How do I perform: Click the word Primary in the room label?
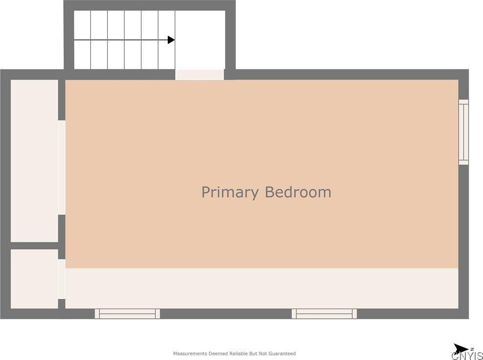pyautogui.click(x=230, y=192)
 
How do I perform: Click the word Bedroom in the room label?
pyautogui.click(x=298, y=192)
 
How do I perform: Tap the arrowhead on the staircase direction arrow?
pyautogui.click(x=171, y=40)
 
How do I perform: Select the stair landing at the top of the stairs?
pyautogui.click(x=200, y=40)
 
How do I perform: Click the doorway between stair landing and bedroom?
pyautogui.click(x=199, y=74)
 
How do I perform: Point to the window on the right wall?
pyautogui.click(x=463, y=132)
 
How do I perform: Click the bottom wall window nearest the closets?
pyautogui.click(x=127, y=314)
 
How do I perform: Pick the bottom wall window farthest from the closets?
pyautogui.click(x=324, y=314)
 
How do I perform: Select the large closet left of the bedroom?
pyautogui.click(x=34, y=160)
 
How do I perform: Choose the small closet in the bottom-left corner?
pyautogui.click(x=34, y=279)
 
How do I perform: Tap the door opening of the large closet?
pyautogui.click(x=62, y=167)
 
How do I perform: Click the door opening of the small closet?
pyautogui.click(x=62, y=279)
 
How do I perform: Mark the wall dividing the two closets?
pyautogui.click(x=34, y=246)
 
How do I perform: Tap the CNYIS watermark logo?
pyautogui.click(x=467, y=356)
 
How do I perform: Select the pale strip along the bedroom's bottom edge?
pyautogui.click(x=262, y=288)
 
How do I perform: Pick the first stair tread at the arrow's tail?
pyautogui.click(x=82, y=40)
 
